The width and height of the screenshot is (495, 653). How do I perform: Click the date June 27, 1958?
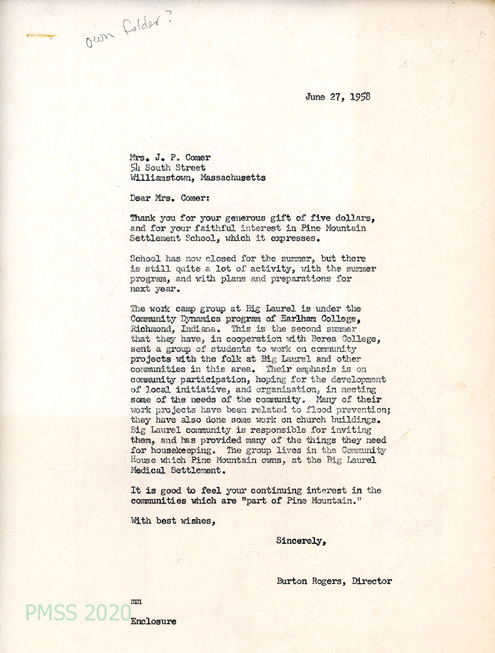tap(338, 97)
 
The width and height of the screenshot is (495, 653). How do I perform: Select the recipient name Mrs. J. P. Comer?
tap(172, 157)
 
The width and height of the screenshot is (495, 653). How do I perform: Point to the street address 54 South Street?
tap(168, 167)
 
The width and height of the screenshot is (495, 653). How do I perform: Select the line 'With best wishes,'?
tap(172, 520)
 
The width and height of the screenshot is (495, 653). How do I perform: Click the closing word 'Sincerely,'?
tap(301, 541)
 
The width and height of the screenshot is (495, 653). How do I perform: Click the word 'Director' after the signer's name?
tap(372, 581)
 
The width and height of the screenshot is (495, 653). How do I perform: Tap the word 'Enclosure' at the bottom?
tap(153, 621)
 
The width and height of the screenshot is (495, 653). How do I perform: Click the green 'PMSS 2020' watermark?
tap(78, 613)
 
